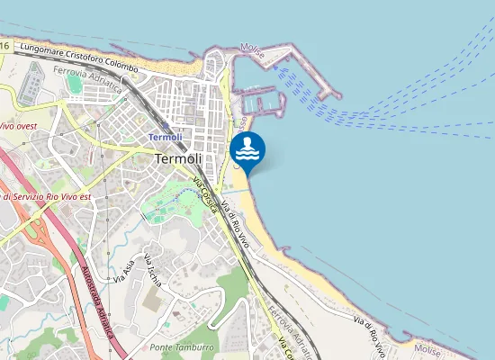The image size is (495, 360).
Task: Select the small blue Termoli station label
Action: [x=165, y=136]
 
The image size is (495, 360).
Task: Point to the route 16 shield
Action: [x=4, y=45]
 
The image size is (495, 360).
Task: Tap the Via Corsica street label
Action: [x=205, y=195]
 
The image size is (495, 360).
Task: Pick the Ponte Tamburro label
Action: [x=183, y=347]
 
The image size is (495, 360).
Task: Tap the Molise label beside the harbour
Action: [x=253, y=50]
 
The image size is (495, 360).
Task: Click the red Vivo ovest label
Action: [x=18, y=126]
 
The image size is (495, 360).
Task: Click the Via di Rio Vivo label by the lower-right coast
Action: [x=371, y=333]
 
